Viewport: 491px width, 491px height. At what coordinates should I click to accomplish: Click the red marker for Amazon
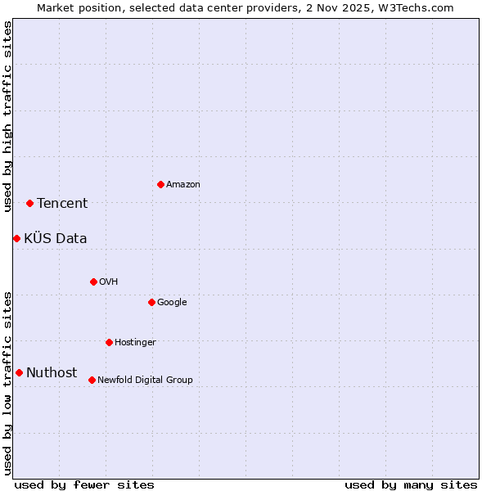[160, 184]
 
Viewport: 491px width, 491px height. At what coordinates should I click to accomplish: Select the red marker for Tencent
[29, 203]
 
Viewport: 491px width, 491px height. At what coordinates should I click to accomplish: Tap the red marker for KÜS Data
[16, 238]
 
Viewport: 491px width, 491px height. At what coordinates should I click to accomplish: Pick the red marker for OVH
[93, 282]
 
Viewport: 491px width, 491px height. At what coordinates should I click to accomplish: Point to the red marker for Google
[151, 302]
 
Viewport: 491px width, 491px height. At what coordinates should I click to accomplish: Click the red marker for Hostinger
[109, 342]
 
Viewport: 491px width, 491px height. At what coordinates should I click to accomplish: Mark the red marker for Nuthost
[19, 372]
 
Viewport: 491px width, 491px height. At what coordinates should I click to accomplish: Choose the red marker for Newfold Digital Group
[92, 380]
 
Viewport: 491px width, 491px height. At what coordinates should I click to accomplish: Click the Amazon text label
[183, 185]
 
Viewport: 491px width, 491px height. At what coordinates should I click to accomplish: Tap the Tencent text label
[62, 204]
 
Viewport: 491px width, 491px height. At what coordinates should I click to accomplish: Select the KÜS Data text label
[56, 239]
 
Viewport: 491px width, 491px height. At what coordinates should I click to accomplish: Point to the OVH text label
[109, 282]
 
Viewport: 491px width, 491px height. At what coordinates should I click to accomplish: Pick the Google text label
[172, 303]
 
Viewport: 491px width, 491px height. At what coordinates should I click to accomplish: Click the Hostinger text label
[135, 343]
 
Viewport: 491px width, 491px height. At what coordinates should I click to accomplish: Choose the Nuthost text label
[52, 373]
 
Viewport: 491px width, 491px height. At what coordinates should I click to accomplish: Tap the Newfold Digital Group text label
[145, 381]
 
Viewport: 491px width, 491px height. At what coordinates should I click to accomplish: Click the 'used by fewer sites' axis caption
[84, 484]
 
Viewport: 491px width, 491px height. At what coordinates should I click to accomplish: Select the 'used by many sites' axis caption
[411, 484]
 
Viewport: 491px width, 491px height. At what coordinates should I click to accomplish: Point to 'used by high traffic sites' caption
[7, 116]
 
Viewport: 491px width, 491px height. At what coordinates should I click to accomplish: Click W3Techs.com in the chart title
[416, 8]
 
